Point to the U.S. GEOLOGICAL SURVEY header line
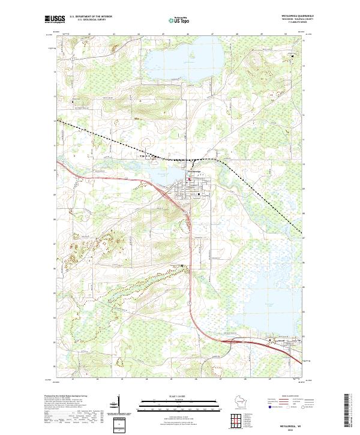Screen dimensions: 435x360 (86, 20)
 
